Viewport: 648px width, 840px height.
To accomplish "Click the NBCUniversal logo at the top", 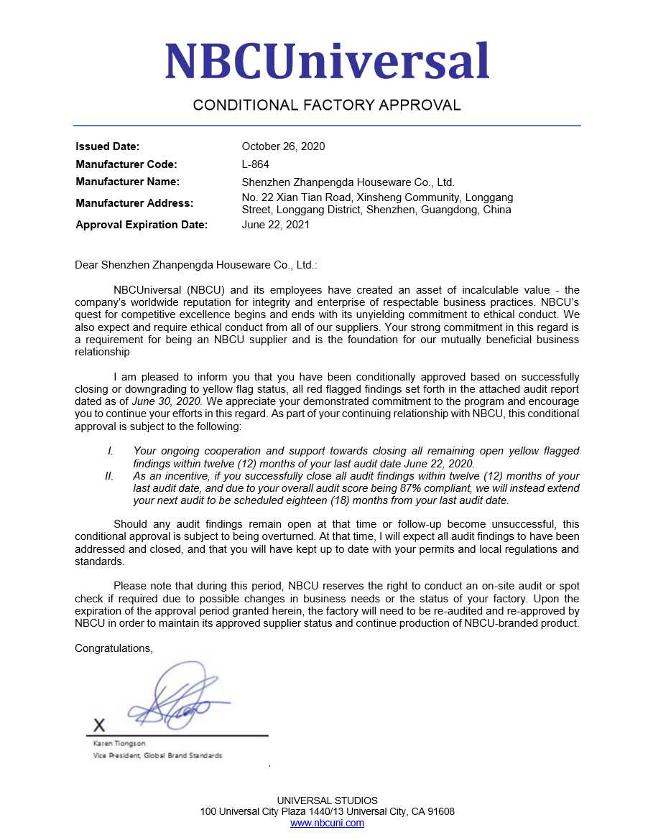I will [327, 60].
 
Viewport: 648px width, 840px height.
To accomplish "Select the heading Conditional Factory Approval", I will [327, 106].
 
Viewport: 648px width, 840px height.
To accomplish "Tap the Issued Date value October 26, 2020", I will [283, 146].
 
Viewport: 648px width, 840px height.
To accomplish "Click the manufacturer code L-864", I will [256, 164].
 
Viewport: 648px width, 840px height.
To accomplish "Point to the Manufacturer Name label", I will [127, 182].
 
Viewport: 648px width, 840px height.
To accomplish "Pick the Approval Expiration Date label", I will [142, 225].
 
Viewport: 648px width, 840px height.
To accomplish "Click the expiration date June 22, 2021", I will [276, 225].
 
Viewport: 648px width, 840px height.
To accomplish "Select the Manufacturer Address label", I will [134, 203].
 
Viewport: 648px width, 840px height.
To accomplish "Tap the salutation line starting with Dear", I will [195, 265].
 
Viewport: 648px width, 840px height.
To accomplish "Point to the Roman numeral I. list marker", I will [111, 451].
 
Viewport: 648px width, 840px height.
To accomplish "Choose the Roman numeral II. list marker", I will [109, 476].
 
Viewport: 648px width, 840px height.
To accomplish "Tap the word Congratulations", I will [114, 648].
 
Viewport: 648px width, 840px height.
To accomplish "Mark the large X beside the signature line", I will [99, 724].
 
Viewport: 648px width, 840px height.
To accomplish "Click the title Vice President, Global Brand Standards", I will [157, 756].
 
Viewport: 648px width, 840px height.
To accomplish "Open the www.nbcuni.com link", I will [327, 823].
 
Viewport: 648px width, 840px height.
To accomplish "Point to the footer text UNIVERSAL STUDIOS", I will [327, 801].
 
